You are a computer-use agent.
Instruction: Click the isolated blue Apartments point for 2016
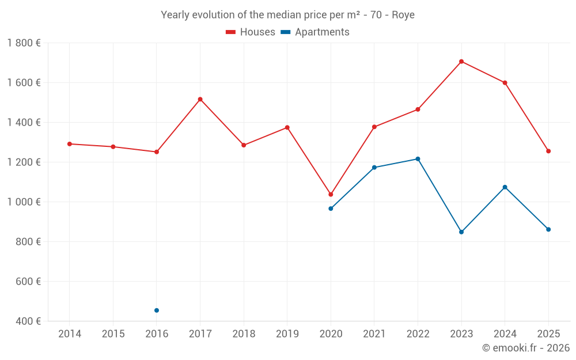pyautogui.click(x=157, y=310)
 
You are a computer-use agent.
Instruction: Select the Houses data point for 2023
pyautogui.click(x=461, y=62)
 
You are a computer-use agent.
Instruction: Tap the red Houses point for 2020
pyautogui.click(x=331, y=194)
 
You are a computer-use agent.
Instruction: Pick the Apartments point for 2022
pyautogui.click(x=418, y=159)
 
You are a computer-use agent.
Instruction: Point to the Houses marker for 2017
pyautogui.click(x=200, y=99)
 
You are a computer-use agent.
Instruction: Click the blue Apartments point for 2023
pyautogui.click(x=461, y=232)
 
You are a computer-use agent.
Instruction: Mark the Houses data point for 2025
pyautogui.click(x=548, y=151)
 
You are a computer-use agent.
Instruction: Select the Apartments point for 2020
pyautogui.click(x=331, y=209)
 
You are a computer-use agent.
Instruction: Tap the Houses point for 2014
pyautogui.click(x=70, y=144)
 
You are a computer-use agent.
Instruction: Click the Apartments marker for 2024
pyautogui.click(x=505, y=187)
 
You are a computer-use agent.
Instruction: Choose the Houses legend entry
pyautogui.click(x=250, y=32)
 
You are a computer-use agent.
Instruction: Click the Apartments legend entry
pyautogui.click(x=315, y=32)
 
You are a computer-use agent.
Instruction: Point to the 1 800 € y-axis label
pyautogui.click(x=24, y=43)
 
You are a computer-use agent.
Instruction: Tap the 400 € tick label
pyautogui.click(x=28, y=321)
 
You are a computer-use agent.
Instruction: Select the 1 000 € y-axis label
pyautogui.click(x=24, y=202)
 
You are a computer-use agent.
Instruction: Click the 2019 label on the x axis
pyautogui.click(x=287, y=334)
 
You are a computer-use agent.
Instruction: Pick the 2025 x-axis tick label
pyautogui.click(x=548, y=334)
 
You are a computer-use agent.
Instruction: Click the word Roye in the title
pyautogui.click(x=403, y=15)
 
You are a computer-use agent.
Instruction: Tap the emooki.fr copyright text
pyautogui.click(x=526, y=347)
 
